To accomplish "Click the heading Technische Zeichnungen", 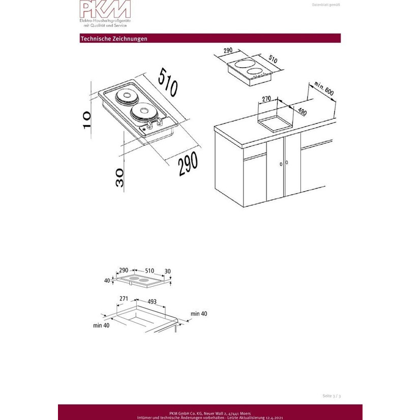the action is click(x=114, y=39).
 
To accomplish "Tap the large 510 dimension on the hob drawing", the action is click(x=168, y=82).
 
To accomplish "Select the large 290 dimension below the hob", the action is click(x=188, y=163).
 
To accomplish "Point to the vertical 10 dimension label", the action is click(x=87, y=120).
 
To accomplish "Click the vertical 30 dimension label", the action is click(x=119, y=177).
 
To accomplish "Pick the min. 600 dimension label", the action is click(x=324, y=88).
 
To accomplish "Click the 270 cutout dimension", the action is click(x=266, y=99).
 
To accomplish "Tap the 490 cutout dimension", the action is click(x=302, y=111).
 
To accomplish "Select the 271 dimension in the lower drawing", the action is click(x=124, y=298).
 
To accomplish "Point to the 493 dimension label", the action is click(x=152, y=302).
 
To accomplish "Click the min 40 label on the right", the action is click(x=199, y=314).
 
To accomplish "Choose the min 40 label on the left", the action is click(x=101, y=325).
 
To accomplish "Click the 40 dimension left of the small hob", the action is click(x=107, y=281).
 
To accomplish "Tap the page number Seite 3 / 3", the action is click(x=332, y=396).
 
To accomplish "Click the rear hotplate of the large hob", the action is click(x=125, y=96).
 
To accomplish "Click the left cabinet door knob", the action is click(x=281, y=164).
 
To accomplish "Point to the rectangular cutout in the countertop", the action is click(x=275, y=124).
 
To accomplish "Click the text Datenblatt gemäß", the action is click(x=326, y=5).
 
